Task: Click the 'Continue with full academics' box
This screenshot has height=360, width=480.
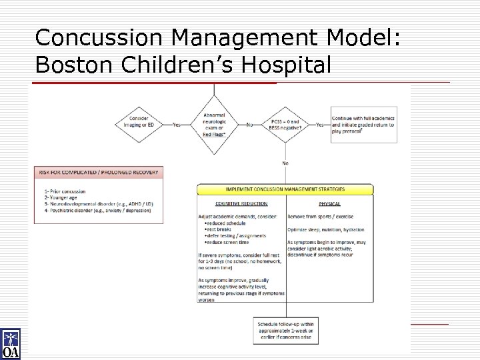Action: pyautogui.click(x=363, y=123)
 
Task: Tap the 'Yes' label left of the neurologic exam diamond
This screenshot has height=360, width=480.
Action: pyautogui.click(x=177, y=124)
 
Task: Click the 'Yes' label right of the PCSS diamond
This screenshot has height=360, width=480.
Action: pyautogui.click(x=320, y=124)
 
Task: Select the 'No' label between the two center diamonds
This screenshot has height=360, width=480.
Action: pyautogui.click(x=249, y=124)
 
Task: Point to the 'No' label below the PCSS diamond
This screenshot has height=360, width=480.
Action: pyautogui.click(x=285, y=163)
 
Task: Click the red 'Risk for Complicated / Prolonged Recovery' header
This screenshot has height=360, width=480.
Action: pyautogui.click(x=99, y=172)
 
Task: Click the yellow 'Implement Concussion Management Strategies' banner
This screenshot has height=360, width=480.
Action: pyautogui.click(x=286, y=190)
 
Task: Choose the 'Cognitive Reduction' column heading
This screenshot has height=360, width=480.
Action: pyautogui.click(x=241, y=203)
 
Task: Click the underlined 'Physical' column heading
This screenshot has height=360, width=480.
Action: pyautogui.click(x=329, y=203)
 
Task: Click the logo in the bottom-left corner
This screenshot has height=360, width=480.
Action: pyautogui.click(x=11, y=345)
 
